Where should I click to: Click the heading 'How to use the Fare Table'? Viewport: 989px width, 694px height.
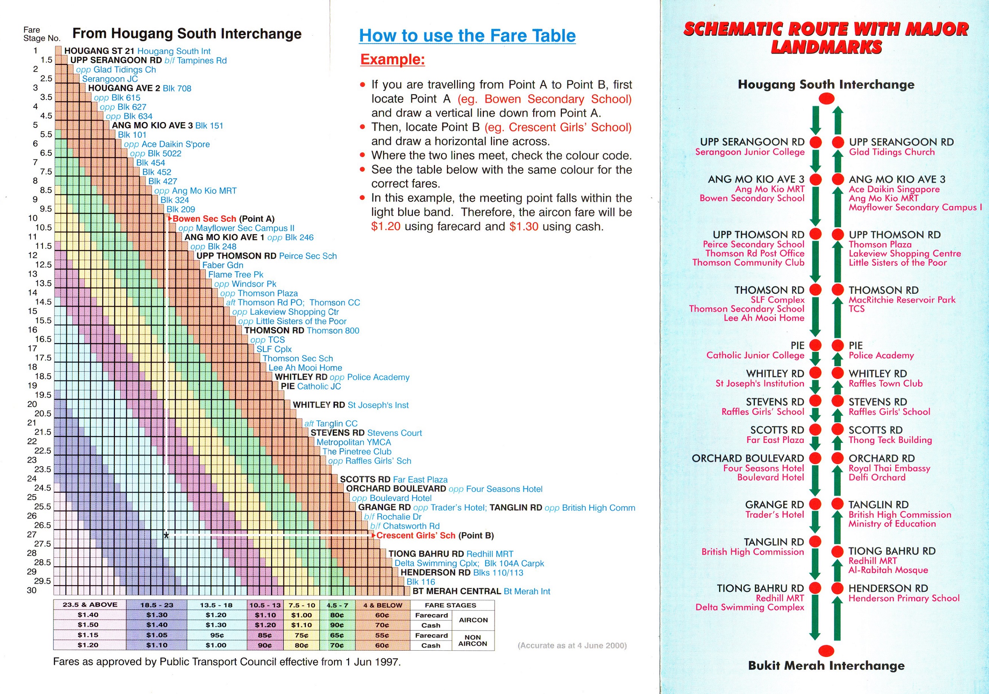click(x=467, y=36)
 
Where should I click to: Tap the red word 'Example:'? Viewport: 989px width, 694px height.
click(x=392, y=59)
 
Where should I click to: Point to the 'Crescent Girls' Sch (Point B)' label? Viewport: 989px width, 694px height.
click(x=435, y=535)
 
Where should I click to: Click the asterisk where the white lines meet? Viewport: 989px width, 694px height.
click(x=166, y=535)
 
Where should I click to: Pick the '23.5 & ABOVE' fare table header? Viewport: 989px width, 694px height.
click(x=90, y=605)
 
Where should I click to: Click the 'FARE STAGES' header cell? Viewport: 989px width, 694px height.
click(x=450, y=605)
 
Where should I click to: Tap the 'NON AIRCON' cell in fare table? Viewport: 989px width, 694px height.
click(x=473, y=640)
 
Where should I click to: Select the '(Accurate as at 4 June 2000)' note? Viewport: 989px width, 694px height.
click(x=572, y=645)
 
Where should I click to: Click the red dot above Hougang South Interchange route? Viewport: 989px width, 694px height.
click(x=826, y=99)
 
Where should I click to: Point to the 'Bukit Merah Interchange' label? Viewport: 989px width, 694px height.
click(x=826, y=666)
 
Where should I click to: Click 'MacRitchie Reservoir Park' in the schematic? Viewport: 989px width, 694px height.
click(x=902, y=300)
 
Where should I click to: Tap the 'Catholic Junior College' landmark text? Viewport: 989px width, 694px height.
click(x=755, y=355)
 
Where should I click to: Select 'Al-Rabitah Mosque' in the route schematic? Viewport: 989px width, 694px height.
click(x=888, y=570)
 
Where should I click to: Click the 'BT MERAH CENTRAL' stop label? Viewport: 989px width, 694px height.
click(x=457, y=591)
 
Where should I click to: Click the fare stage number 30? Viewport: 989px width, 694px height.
click(x=32, y=591)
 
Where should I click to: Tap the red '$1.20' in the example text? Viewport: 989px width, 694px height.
click(x=386, y=227)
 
